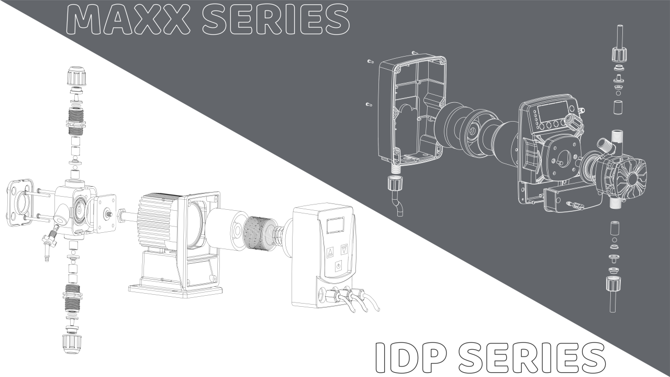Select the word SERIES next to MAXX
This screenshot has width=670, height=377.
click(x=276, y=19)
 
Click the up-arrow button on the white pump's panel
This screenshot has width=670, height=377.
click(x=330, y=252)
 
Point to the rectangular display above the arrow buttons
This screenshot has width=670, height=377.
click(x=336, y=225)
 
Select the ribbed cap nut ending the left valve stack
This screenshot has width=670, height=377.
click(x=72, y=344)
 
